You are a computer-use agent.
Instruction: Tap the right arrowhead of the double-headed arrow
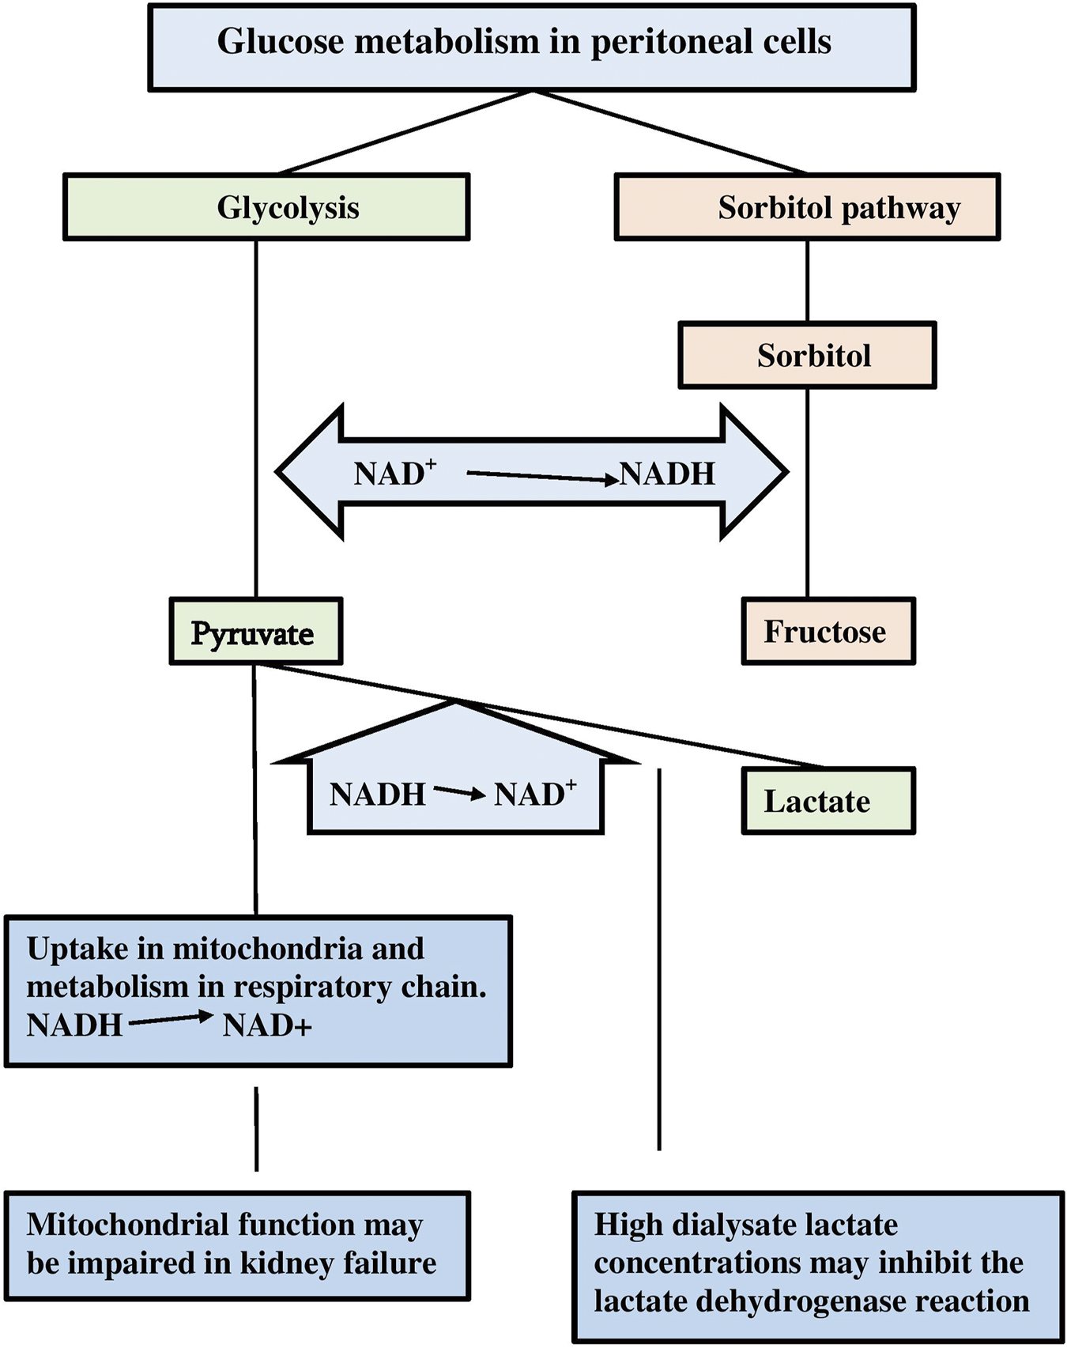tap(754, 472)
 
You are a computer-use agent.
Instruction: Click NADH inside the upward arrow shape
tap(377, 794)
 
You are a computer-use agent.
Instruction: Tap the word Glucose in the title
tap(281, 42)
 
